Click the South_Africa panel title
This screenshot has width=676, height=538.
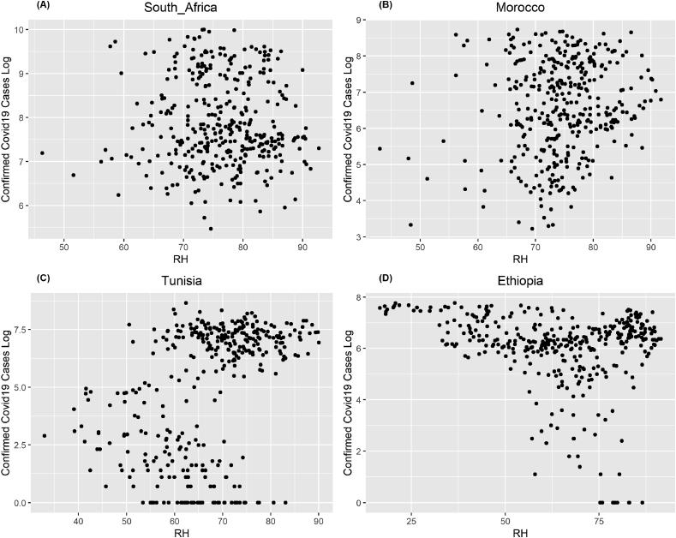181,9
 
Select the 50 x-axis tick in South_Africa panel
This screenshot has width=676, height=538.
64,248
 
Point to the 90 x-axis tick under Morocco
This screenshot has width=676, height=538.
650,248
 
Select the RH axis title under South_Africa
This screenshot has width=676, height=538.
181,260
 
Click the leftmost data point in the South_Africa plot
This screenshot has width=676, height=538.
41,153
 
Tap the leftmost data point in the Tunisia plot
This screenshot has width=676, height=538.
44,436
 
